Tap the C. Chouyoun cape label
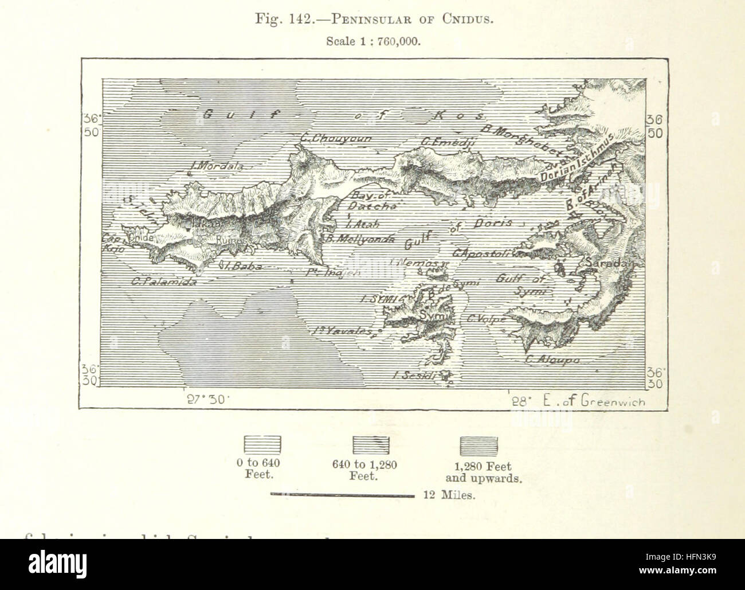click(336, 138)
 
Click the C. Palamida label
click(156, 282)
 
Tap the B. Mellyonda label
click(360, 239)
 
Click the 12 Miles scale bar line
click(341, 495)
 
